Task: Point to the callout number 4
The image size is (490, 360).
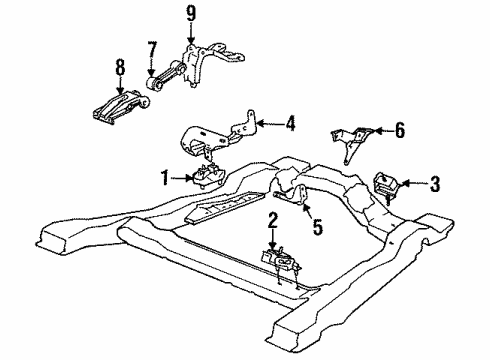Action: [x=290, y=125]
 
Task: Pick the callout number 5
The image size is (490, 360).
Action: [x=317, y=227]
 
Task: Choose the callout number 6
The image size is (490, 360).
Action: [x=400, y=129]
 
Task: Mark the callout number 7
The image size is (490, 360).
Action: [x=152, y=50]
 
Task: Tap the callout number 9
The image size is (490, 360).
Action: [x=191, y=15]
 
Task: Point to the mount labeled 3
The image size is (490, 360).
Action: [x=383, y=187]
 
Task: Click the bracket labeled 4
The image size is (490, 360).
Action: [x=215, y=134]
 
